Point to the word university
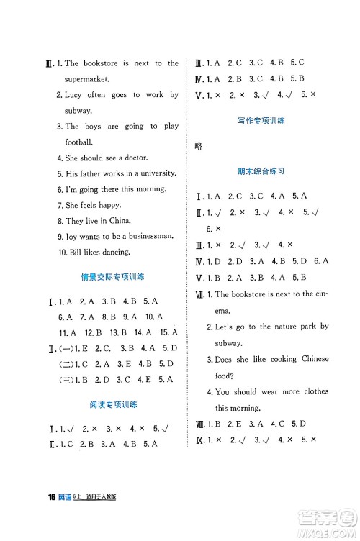[x=154, y=173]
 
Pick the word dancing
[x=112, y=252]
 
